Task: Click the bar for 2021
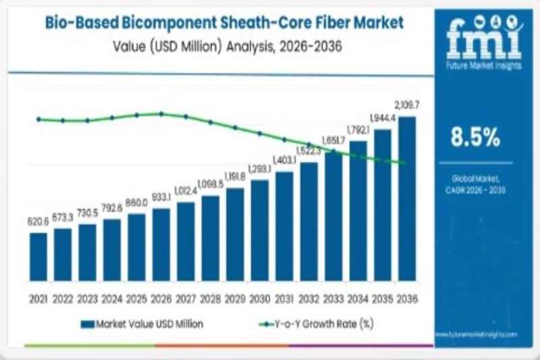[38, 257]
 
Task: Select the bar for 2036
[407, 199]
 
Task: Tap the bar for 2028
[211, 238]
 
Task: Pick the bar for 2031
[284, 226]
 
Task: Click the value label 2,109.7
[407, 105]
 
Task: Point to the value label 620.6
[38, 221]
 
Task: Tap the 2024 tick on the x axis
[112, 297]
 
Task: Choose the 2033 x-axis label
[333, 297]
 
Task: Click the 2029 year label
[235, 297]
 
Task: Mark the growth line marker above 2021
[38, 119]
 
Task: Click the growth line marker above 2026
[161, 114]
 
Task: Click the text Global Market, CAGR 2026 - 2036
[479, 184]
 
